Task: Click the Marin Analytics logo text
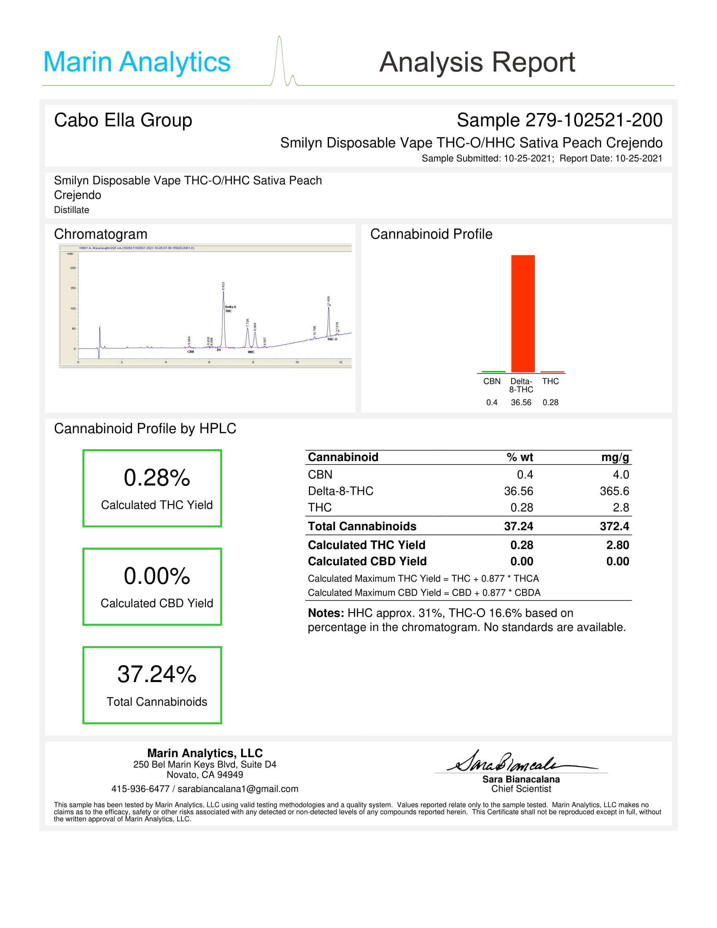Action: [x=136, y=62]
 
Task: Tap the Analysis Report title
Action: [x=477, y=62]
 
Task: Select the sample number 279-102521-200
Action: [x=593, y=120]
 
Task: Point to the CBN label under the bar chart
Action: [x=491, y=381]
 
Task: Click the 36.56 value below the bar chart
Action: [x=521, y=402]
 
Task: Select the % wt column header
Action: [x=520, y=457]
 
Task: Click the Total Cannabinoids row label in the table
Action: [x=362, y=526]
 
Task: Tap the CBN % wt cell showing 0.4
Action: [x=525, y=475]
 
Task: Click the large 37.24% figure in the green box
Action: [x=157, y=674]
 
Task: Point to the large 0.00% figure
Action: [x=157, y=576]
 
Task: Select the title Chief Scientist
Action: [x=521, y=789]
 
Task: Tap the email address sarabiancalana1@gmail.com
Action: [x=237, y=789]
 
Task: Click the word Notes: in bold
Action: [x=326, y=613]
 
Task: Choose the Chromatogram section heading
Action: [x=101, y=234]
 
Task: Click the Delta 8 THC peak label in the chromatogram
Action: [x=230, y=309]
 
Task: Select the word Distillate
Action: [x=71, y=210]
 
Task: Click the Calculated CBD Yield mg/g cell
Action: [x=617, y=561]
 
